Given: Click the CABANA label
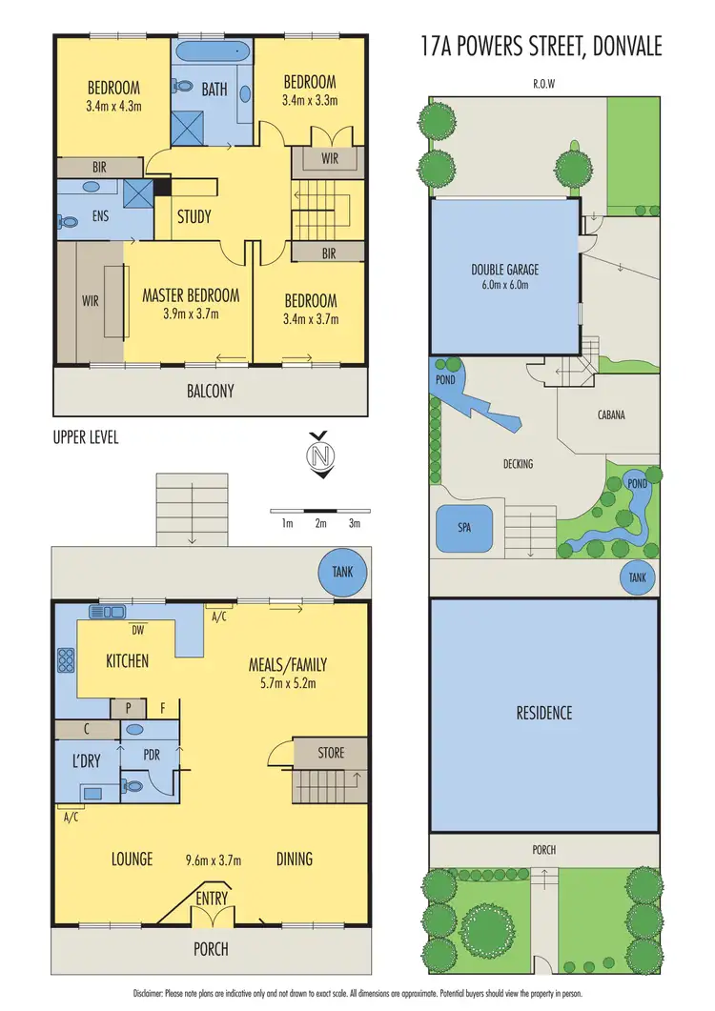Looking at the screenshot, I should (x=611, y=415).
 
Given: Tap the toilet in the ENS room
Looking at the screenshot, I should (x=68, y=221).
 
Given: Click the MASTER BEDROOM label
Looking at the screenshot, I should (x=191, y=295).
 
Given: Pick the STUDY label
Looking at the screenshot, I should (x=194, y=216).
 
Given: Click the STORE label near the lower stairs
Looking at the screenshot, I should (x=331, y=753).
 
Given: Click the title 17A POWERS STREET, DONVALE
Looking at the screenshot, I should (x=541, y=47).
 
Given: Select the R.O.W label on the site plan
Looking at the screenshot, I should (x=544, y=84).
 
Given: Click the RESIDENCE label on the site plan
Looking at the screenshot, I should (x=544, y=713).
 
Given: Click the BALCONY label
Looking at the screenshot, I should (x=210, y=391).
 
